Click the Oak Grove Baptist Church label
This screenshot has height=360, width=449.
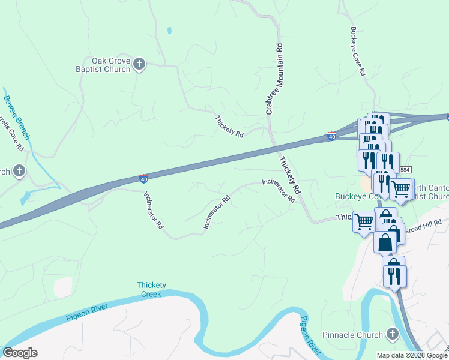[x=111, y=65]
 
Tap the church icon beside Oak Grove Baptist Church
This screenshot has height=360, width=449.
[x=139, y=64]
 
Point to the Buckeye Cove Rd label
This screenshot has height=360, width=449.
[x=358, y=51]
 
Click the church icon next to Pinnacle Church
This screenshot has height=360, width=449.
[x=393, y=334]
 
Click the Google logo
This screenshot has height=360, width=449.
[x=20, y=353]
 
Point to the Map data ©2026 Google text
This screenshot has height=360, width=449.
[x=412, y=355]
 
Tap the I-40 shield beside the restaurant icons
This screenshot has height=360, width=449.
[x=331, y=136]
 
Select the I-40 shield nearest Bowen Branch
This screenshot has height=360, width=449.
[x=143, y=178]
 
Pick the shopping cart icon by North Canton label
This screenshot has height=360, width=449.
[x=401, y=188]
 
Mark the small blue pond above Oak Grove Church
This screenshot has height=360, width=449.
[x=170, y=30]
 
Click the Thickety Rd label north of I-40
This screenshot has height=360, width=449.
[x=229, y=127]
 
